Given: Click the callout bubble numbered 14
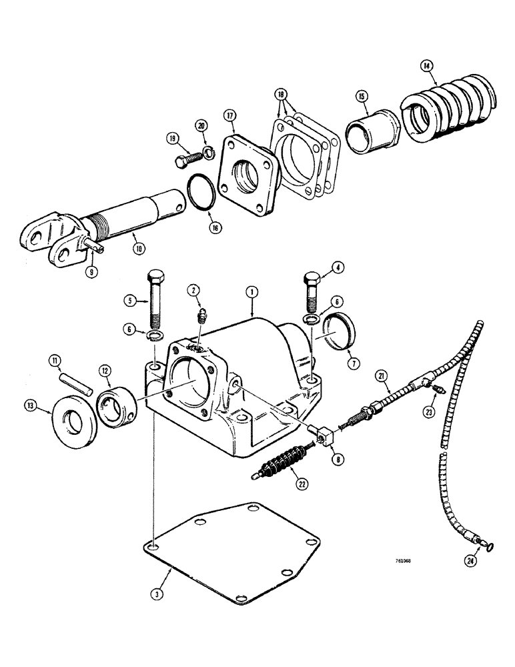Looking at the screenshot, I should pos(427,65).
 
